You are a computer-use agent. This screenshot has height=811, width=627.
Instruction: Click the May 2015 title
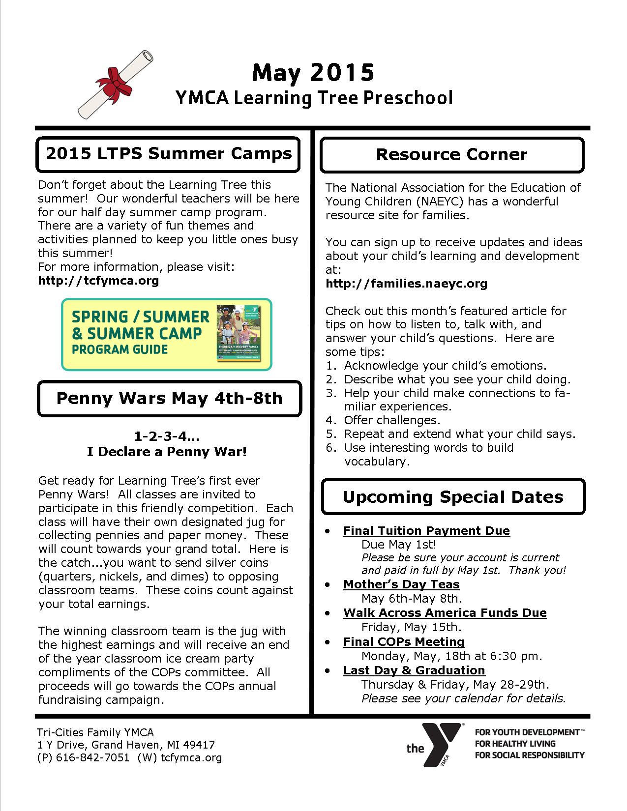point(313,72)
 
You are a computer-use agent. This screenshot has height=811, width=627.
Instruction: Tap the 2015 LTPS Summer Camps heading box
point(168,154)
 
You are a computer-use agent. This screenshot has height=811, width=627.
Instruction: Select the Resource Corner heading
point(451,155)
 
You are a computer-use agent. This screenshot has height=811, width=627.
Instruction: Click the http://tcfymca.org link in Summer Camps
point(98,281)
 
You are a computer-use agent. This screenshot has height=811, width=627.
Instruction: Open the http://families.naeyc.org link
point(406,284)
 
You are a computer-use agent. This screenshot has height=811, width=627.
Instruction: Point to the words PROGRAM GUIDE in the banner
point(120,350)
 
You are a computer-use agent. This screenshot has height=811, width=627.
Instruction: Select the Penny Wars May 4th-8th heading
point(169,398)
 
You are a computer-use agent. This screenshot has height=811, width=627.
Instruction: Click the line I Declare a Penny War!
point(167,451)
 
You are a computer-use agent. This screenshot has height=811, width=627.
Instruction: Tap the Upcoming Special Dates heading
point(453,497)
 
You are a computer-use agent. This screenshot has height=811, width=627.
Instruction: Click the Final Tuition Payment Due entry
point(426,531)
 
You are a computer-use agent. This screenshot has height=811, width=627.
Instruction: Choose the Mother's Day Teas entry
point(401,584)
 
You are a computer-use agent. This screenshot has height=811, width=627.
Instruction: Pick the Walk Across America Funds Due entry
point(445,613)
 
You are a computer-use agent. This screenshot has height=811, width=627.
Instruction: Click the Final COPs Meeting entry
point(404,642)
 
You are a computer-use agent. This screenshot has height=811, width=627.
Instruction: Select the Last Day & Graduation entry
point(414,670)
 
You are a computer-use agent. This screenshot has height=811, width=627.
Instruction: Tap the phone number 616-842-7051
point(92,758)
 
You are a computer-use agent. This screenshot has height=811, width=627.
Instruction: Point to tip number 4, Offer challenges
point(392,420)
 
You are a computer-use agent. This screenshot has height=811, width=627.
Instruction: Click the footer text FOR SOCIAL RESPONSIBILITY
point(529,755)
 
